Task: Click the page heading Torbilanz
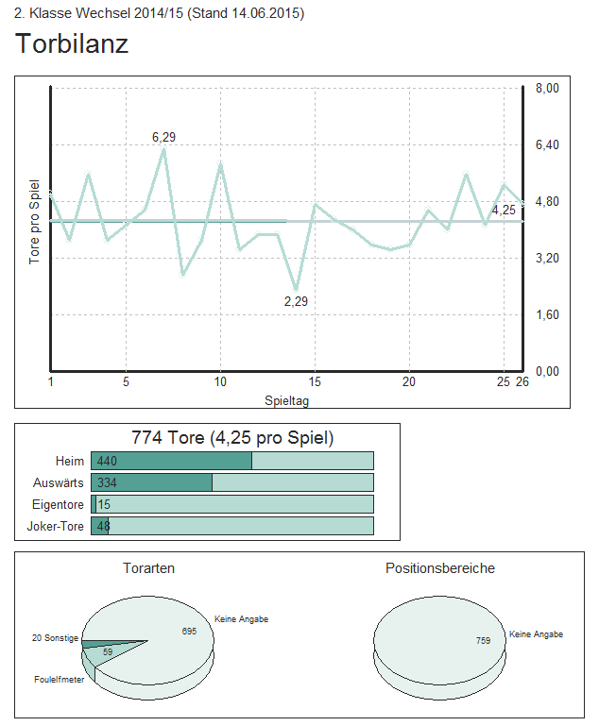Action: [72, 43]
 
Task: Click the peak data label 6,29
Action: [163, 137]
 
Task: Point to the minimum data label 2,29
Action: [296, 301]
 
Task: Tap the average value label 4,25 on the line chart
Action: [504, 210]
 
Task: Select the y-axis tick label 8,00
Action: [548, 88]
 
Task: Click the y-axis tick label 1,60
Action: [548, 314]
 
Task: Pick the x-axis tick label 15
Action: [315, 381]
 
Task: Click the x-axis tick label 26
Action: [522, 381]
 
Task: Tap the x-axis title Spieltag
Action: [287, 400]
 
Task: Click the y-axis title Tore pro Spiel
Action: [35, 222]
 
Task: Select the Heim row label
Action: [70, 461]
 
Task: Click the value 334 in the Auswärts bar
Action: [107, 482]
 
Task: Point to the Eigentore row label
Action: [59, 504]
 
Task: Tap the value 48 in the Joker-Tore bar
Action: [103, 526]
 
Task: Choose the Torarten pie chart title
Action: [148, 568]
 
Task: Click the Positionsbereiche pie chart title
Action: [439, 568]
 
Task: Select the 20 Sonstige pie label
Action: [55, 638]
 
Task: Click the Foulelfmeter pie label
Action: [60, 679]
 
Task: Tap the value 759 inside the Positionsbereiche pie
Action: [483, 641]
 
